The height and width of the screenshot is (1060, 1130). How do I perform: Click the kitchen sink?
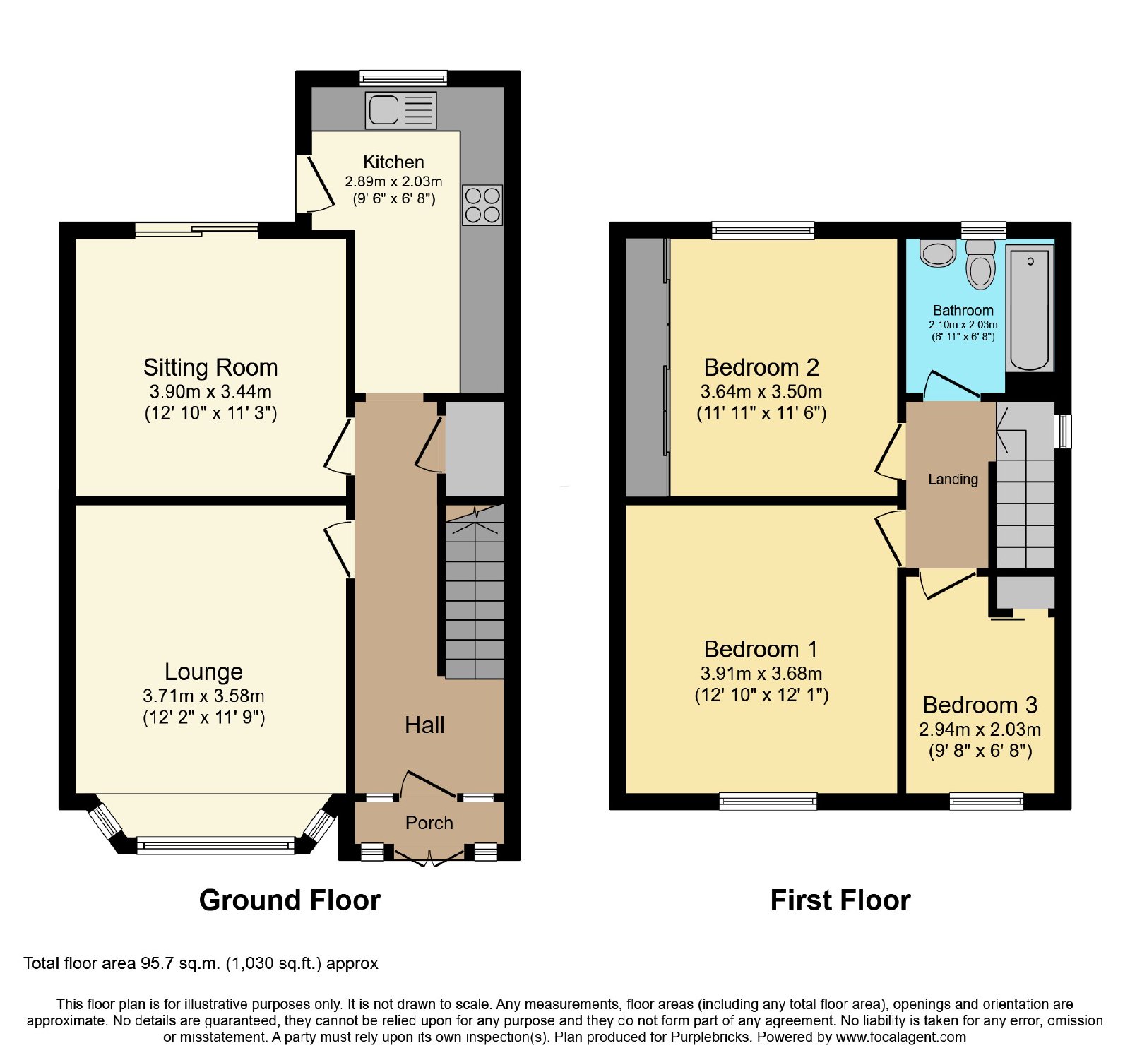(400, 110)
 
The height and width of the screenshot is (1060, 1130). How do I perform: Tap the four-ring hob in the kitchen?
(482, 205)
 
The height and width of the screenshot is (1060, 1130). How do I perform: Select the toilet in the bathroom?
(980, 264)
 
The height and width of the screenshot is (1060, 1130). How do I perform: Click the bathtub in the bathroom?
(1030, 308)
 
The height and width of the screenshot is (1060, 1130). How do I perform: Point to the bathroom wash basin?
(938, 253)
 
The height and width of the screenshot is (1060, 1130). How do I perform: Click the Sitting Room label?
(210, 367)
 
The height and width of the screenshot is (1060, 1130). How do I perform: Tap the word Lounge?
(203, 672)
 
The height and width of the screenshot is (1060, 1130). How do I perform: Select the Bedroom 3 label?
(980, 705)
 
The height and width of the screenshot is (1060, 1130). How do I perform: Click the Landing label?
(953, 480)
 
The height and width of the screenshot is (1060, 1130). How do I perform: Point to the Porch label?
(429, 823)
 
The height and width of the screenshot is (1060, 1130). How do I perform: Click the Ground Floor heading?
(290, 900)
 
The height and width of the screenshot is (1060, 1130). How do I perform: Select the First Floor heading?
(840, 900)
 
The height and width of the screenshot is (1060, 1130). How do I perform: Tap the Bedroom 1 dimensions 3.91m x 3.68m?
(761, 674)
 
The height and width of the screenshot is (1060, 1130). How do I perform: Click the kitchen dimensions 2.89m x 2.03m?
(393, 181)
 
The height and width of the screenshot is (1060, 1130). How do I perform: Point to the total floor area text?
(201, 964)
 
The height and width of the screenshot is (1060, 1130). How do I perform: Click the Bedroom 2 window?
(763, 230)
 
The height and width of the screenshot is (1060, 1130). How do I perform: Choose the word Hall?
(424, 725)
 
